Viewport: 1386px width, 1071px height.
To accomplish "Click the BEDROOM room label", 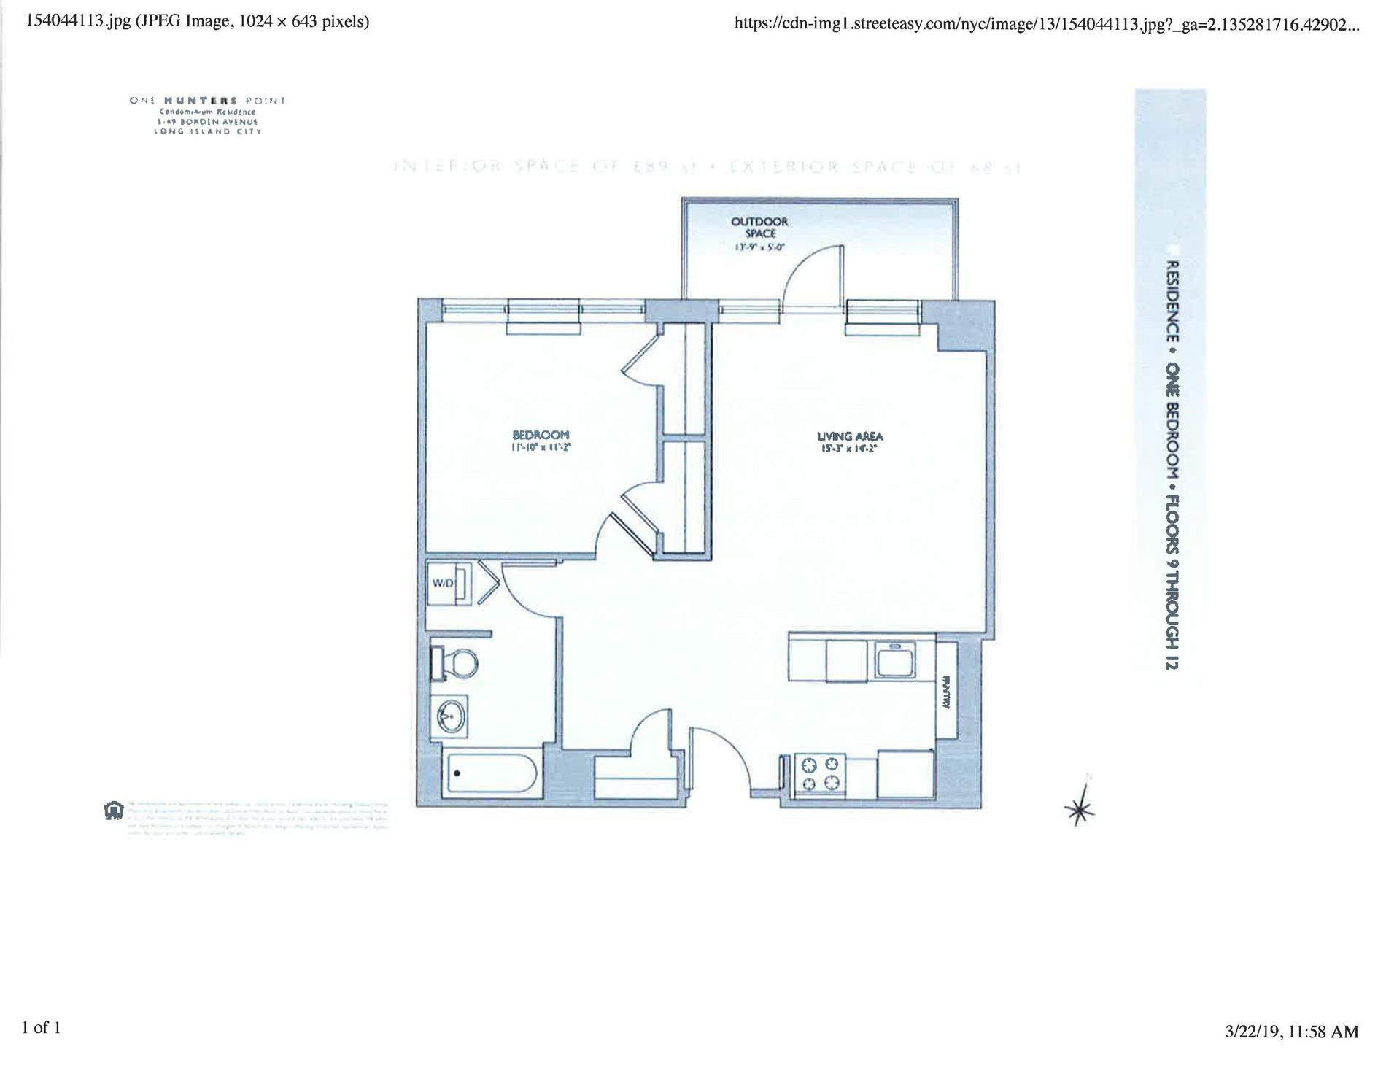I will click(x=540, y=435).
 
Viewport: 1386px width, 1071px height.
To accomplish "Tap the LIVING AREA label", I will click(x=849, y=436).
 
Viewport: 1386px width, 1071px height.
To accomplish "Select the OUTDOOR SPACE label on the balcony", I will click(x=759, y=227).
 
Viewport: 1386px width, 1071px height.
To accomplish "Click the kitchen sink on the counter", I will click(x=894, y=662).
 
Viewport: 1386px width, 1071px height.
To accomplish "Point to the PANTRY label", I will click(x=946, y=692).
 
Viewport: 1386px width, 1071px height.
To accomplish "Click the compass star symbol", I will click(x=1080, y=808).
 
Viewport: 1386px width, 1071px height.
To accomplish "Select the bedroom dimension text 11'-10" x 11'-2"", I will click(x=540, y=447).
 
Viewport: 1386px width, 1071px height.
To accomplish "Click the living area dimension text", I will click(x=849, y=449).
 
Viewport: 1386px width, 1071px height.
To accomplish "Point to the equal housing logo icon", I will click(x=114, y=811).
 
